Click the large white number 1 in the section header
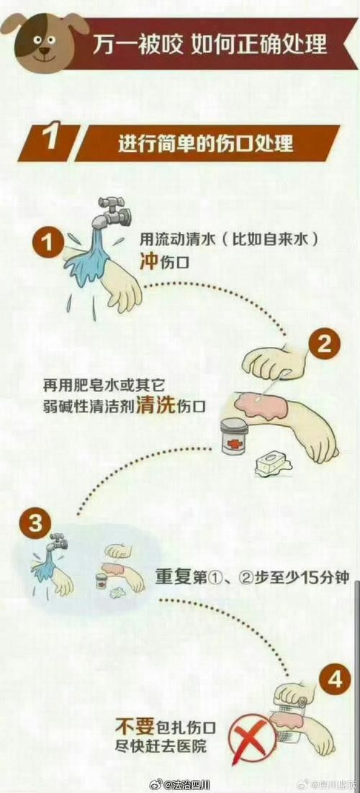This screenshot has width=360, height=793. click(x=49, y=140)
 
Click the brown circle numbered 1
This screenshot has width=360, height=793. click(x=49, y=243)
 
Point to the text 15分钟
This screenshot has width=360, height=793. click(x=321, y=576)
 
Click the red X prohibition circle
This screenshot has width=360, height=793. click(x=248, y=738)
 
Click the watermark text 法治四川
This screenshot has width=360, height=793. click(x=186, y=783)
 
